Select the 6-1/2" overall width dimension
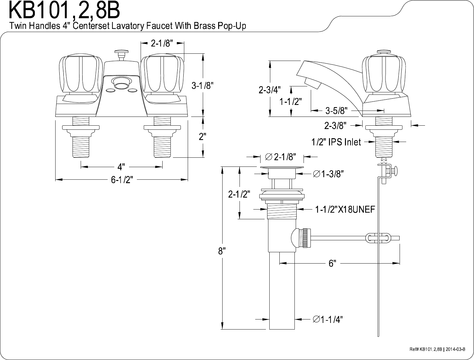point(122,179)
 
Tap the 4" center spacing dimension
point(121,166)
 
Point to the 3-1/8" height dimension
point(202,86)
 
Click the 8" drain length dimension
point(222,251)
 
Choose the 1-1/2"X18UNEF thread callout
point(345,209)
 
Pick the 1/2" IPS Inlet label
point(336,142)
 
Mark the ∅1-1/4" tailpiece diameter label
point(328,319)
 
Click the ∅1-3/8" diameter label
point(328,173)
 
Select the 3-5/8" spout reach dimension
point(337,111)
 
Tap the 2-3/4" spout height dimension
point(270,90)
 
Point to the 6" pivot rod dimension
point(332,264)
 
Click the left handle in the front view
point(81,74)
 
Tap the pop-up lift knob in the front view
point(121,52)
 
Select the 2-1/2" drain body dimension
point(239,194)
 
